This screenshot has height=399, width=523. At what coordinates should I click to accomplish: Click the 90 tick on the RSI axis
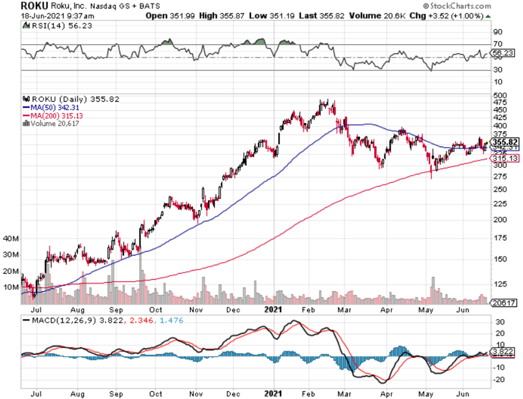[x=497, y=31]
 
